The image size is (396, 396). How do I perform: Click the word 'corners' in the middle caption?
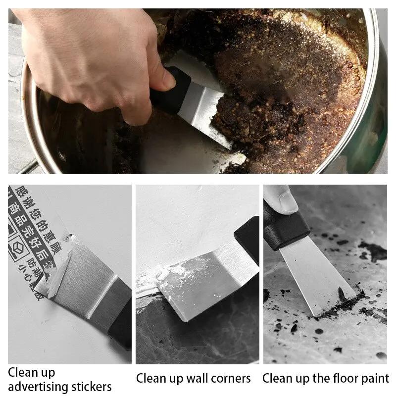[231, 379]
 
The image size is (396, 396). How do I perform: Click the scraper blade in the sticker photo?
[84, 282]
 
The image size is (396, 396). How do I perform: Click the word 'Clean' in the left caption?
[24, 372]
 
